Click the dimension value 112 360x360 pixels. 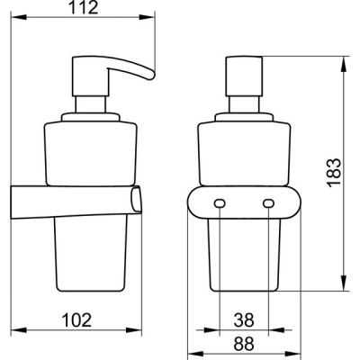(x=84, y=8)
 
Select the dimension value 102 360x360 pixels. (x=76, y=319)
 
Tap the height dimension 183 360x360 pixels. (x=334, y=174)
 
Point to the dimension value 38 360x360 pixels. (x=244, y=319)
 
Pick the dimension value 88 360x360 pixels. (x=244, y=344)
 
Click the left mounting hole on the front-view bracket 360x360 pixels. (x=220, y=203)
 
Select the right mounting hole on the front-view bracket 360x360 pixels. (x=268, y=203)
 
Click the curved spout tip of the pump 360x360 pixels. (x=150, y=75)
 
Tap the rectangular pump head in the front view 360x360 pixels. (x=244, y=76)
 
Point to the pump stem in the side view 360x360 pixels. (x=91, y=104)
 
